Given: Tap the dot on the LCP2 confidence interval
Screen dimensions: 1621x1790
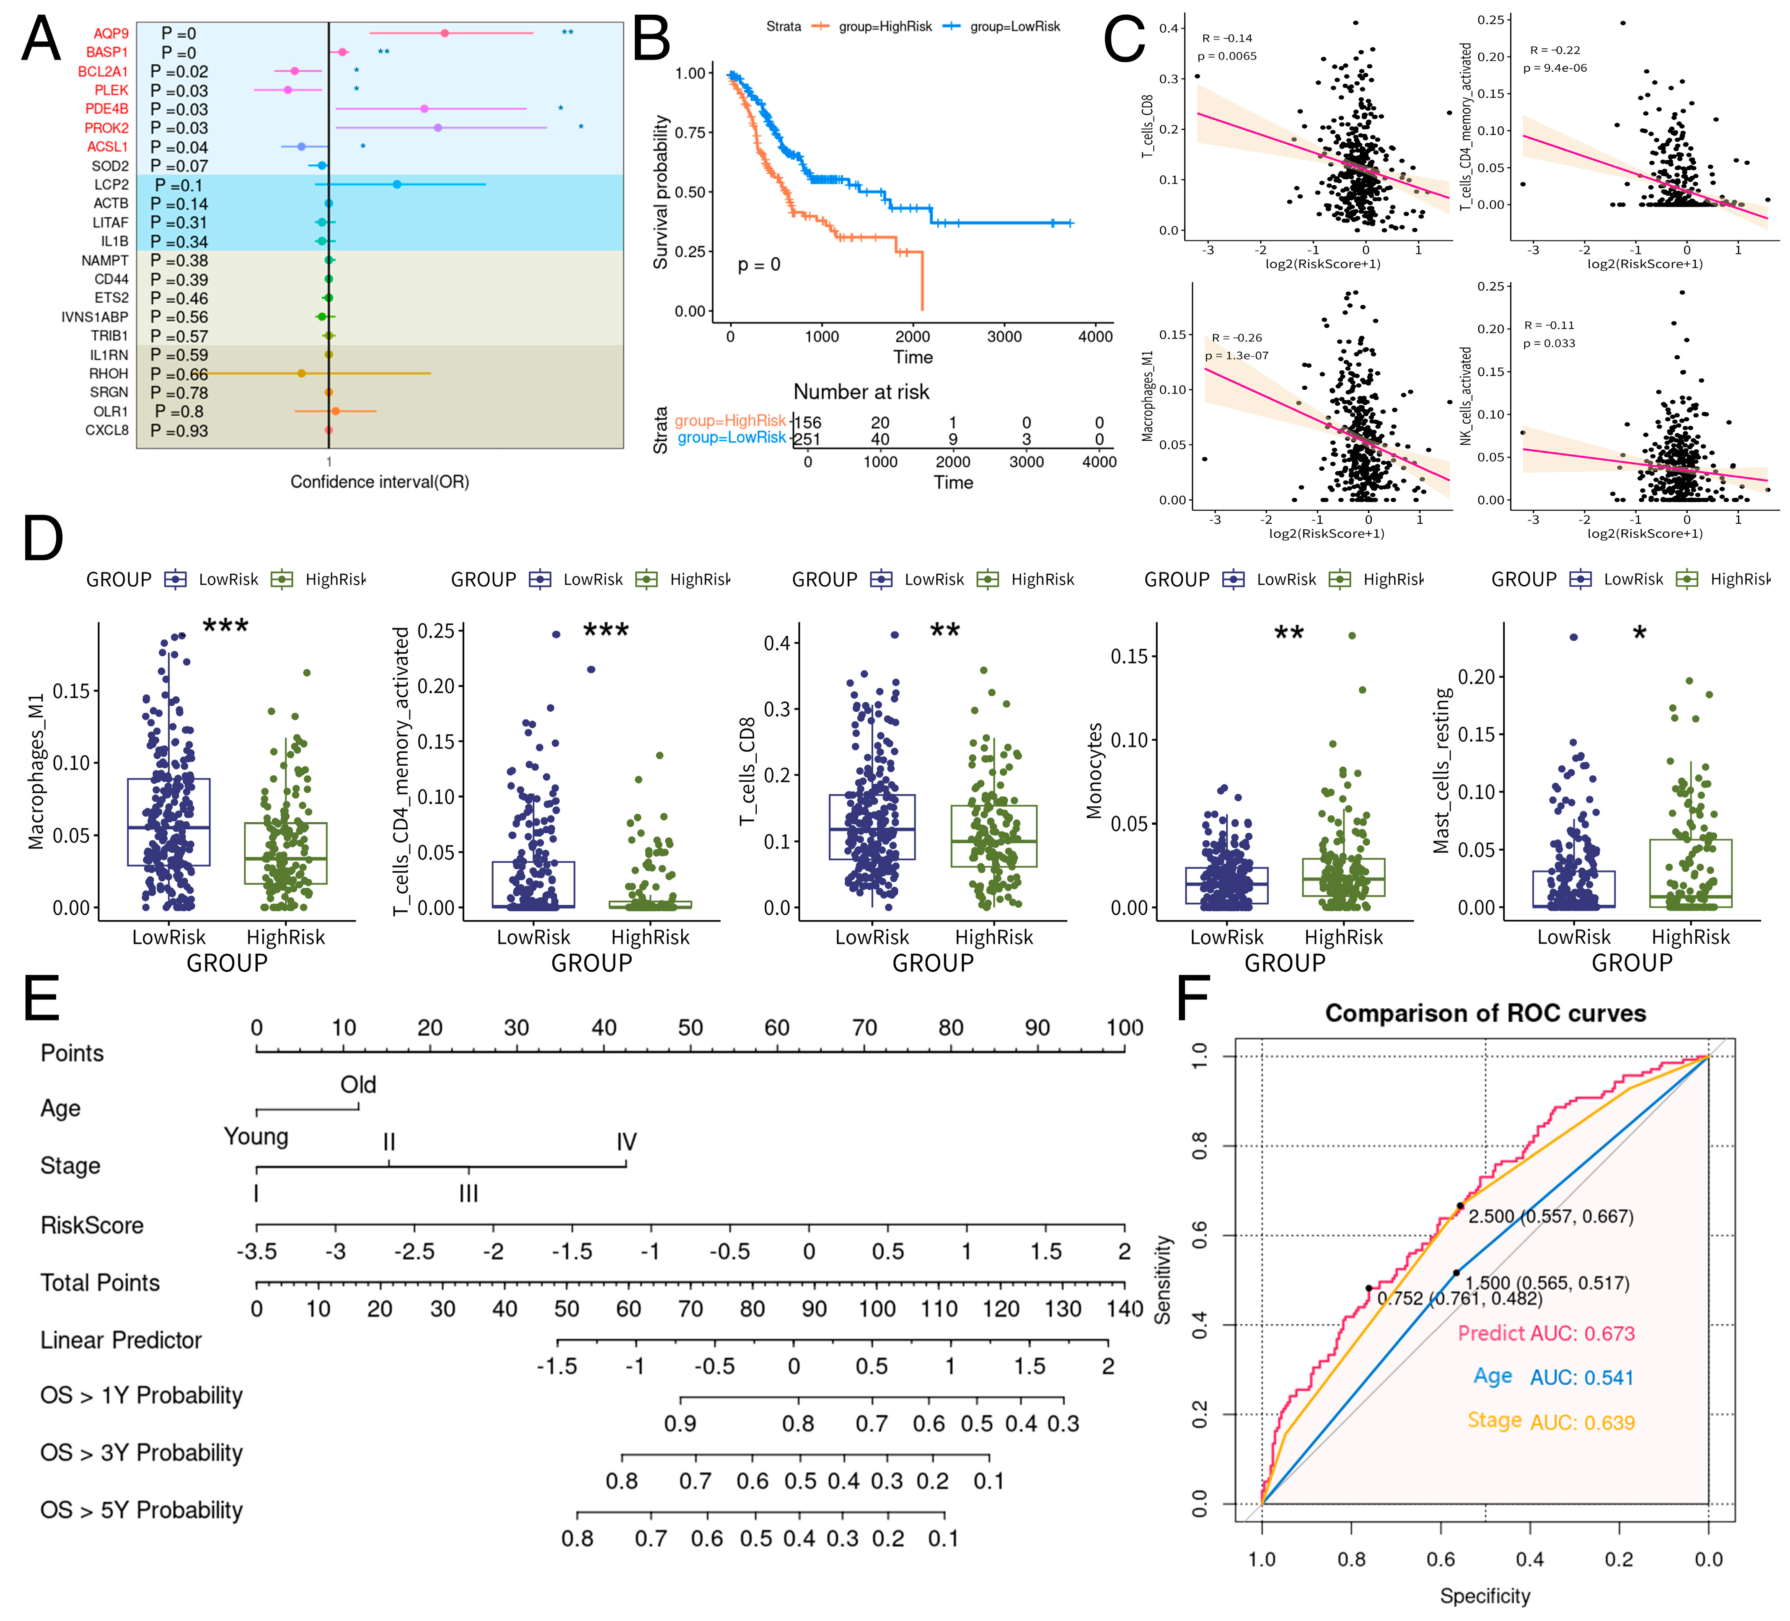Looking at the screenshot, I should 397,185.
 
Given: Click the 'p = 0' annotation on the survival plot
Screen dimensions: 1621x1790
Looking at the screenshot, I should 759,265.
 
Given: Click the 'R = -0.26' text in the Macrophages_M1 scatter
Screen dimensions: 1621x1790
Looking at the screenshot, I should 1237,337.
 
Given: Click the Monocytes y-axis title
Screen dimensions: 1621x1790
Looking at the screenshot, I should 1095,770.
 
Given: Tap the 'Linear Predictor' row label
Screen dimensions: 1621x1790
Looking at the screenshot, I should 121,1340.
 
